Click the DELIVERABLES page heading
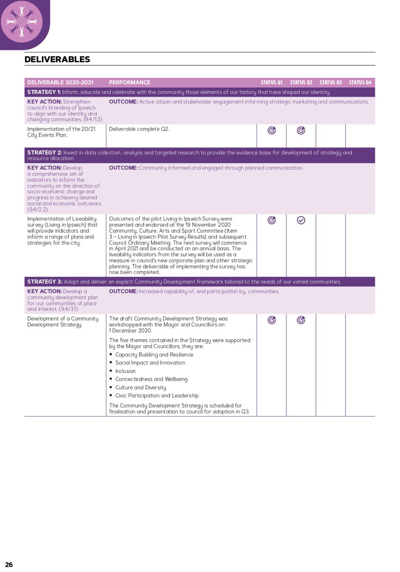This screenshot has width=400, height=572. [57, 59]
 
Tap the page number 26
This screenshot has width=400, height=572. [9, 564]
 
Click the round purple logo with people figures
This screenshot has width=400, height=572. [22, 22]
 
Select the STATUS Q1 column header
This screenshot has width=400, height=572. [271, 83]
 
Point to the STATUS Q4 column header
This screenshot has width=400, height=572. [360, 83]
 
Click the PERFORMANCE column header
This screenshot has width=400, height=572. [130, 83]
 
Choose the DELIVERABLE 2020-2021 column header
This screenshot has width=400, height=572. [60, 83]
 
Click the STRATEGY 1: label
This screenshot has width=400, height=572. [44, 92]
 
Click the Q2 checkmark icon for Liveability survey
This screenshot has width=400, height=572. [301, 220]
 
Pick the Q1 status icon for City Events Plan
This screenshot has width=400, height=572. [272, 130]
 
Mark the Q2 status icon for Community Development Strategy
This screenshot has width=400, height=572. [301, 320]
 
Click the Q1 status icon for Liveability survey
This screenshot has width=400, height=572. [272, 220]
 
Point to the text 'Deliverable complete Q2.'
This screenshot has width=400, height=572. [139, 129]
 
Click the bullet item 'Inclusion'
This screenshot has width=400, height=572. [125, 371]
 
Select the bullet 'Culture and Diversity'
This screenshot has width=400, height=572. [141, 387]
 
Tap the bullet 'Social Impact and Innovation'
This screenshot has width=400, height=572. [150, 363]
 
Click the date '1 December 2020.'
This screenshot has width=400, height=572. [130, 331]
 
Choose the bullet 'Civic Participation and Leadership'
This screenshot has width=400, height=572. [157, 396]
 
